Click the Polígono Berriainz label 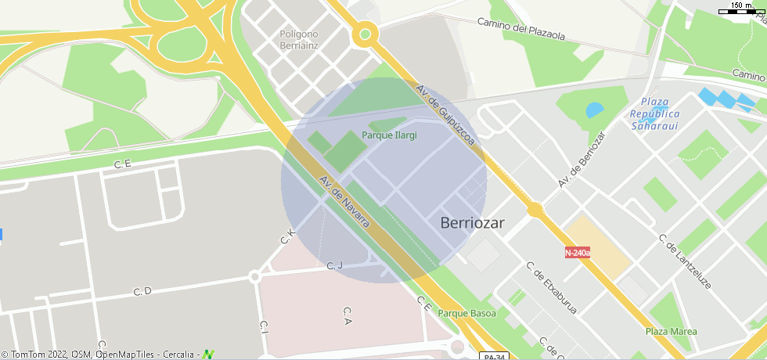coord(299,39)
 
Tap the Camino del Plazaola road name coord(520,28)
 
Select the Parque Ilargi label coord(389,135)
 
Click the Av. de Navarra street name coord(344,203)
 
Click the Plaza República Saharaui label coord(655,113)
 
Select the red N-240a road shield coord(578,252)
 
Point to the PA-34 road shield coord(491,356)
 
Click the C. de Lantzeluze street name coord(684,261)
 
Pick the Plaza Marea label coord(671,331)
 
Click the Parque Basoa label coord(467,314)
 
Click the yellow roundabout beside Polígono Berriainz coord(365,34)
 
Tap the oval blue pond coord(595,110)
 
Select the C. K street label coord(287,235)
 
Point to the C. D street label coord(142,291)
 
